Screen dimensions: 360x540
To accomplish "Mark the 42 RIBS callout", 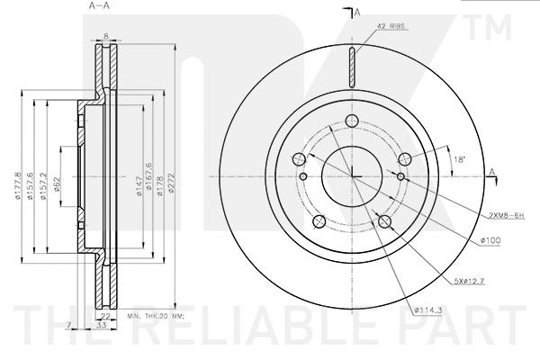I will [393, 28].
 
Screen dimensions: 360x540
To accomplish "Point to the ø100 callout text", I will [490, 239].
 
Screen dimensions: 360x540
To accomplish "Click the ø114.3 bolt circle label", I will [428, 311].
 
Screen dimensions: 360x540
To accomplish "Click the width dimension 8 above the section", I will [105, 36].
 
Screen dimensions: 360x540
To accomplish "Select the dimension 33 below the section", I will [103, 325].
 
